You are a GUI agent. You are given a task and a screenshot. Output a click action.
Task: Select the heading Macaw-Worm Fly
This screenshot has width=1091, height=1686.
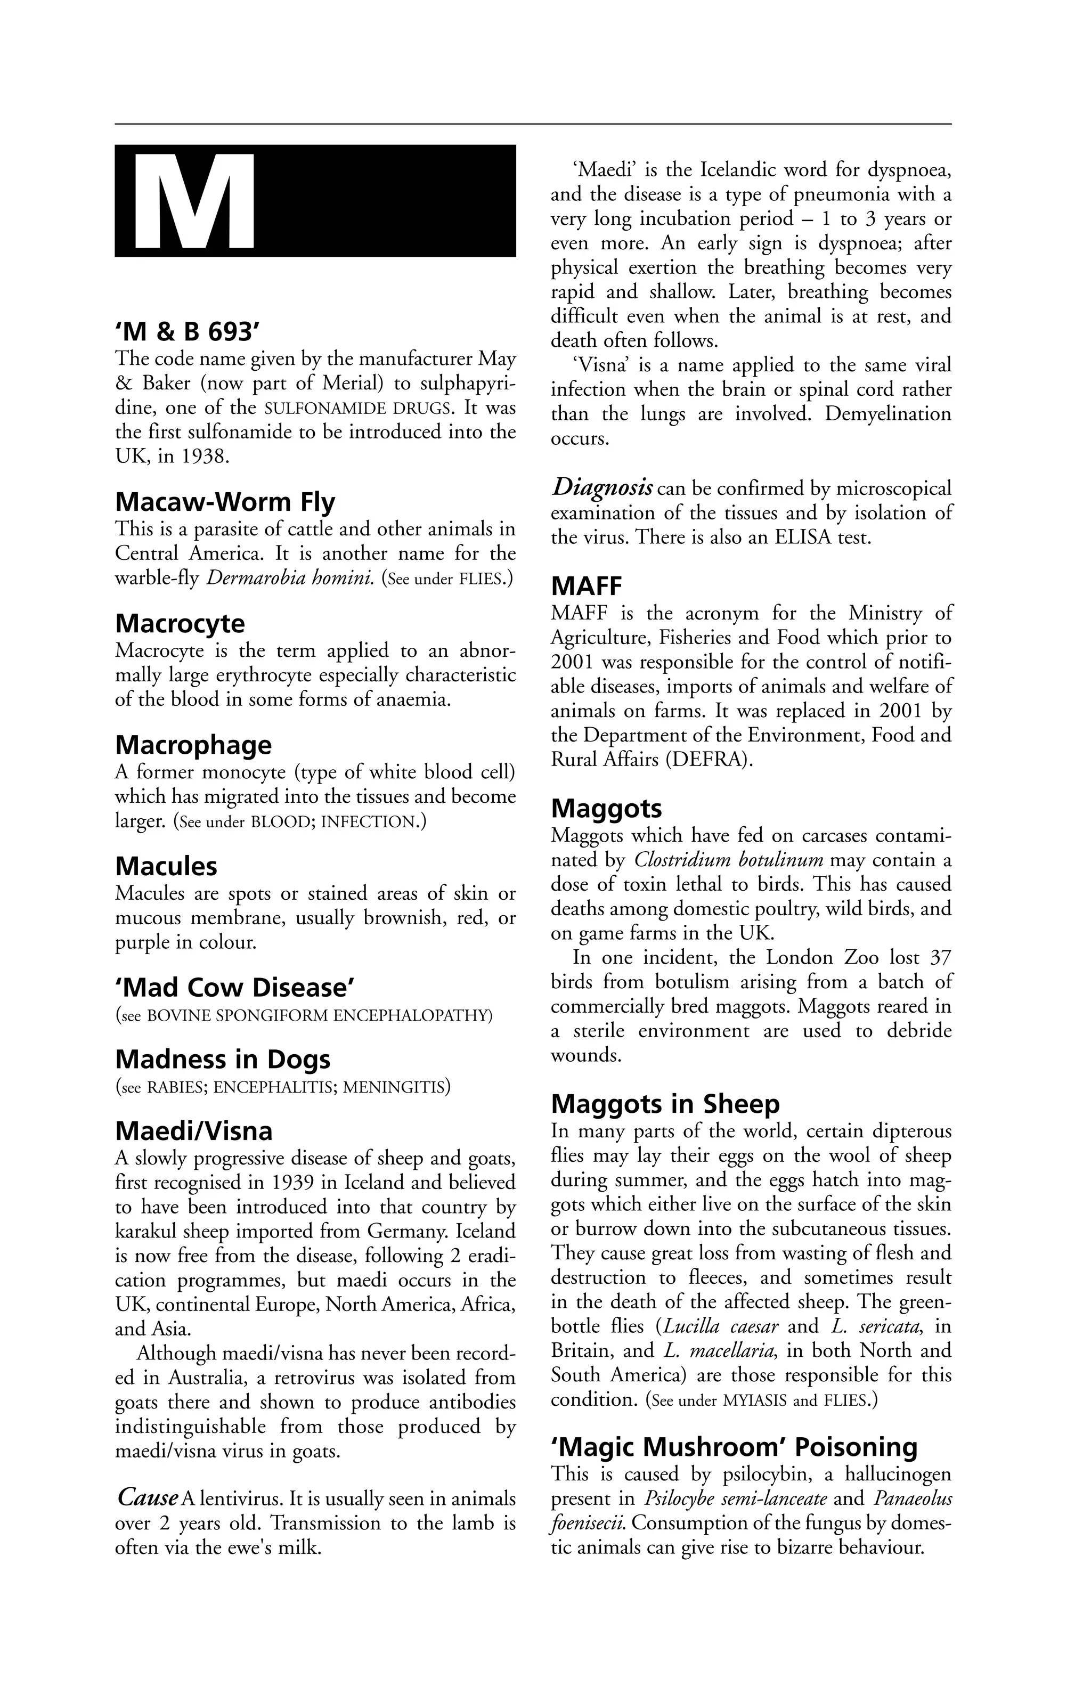click(225, 502)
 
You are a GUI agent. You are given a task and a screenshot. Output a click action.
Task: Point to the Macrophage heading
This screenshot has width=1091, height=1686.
click(193, 745)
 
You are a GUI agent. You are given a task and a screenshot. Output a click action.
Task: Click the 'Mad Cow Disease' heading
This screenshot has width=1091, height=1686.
click(234, 988)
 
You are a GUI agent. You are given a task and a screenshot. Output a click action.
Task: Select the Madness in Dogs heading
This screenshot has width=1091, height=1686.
click(223, 1060)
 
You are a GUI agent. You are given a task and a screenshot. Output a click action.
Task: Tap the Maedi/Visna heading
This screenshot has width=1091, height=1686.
click(193, 1131)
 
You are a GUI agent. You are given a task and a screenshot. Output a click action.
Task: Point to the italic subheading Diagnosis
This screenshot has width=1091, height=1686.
click(601, 488)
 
